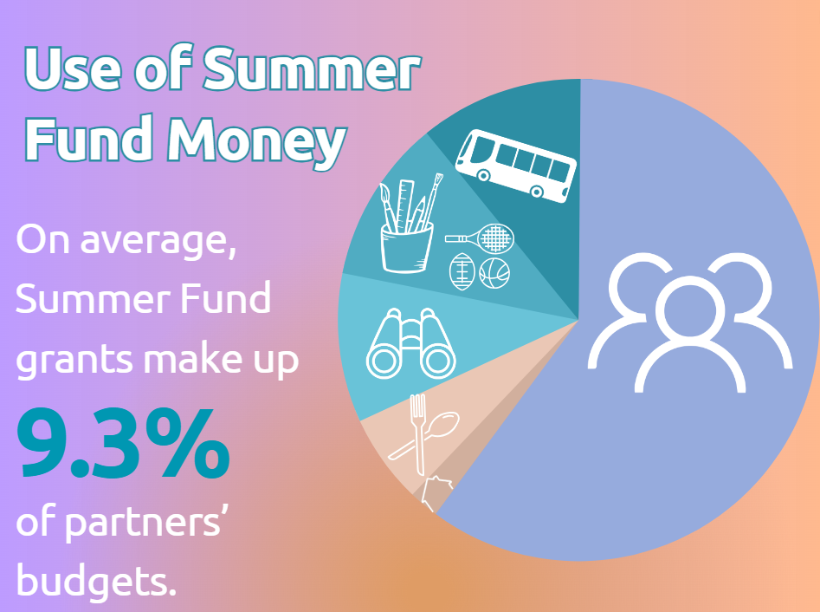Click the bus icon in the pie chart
515,166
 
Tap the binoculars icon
411,343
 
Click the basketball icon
494,272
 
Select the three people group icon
690,320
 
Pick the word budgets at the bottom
95,578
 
